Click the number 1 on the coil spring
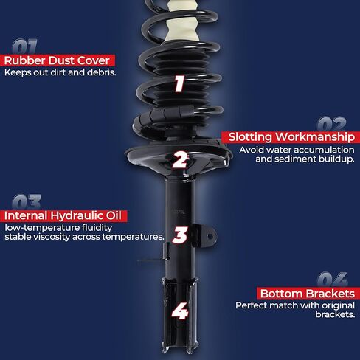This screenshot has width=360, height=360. point(179,84)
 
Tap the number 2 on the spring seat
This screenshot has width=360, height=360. point(180,159)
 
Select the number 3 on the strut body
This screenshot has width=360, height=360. point(179,235)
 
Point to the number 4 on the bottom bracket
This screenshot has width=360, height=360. point(179,311)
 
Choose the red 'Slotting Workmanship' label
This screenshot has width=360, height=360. point(288,136)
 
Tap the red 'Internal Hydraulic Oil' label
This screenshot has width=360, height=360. point(65,215)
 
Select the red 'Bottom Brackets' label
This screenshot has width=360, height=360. point(305,293)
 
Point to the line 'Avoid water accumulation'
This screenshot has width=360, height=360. point(297,149)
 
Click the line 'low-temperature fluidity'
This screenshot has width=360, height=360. point(56,227)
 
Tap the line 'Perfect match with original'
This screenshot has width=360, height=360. point(295,305)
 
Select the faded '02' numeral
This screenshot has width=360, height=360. point(333,123)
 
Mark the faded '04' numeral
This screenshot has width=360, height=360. point(333,280)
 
